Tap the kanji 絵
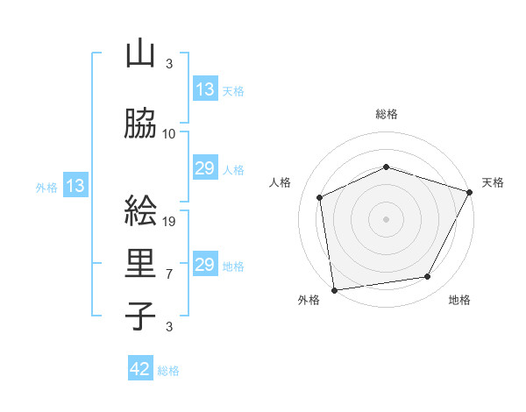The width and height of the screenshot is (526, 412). pos(140,211)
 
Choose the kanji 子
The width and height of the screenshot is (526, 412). pos(140,316)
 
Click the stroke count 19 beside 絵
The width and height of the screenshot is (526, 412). pos(170,222)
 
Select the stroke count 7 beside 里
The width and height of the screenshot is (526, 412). pos(169,274)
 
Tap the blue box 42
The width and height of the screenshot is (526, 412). pos(140,370)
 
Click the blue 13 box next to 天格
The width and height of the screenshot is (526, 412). pos(205,89)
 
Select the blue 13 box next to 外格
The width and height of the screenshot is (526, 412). pos(75,186)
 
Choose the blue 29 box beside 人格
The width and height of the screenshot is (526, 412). pos(205,168)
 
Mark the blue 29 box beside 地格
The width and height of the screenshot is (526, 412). pos(205,265)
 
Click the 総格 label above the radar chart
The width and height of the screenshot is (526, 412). pos(387,114)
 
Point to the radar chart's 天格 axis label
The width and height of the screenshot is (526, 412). pos(494,182)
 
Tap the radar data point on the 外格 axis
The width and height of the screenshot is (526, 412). pos(334,288)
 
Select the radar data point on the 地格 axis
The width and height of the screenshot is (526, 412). pos(428,276)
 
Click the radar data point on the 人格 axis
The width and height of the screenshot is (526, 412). pos(320,197)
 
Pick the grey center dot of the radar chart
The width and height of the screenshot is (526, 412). pos(386,218)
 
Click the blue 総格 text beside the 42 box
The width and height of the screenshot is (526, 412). pos(168,371)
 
